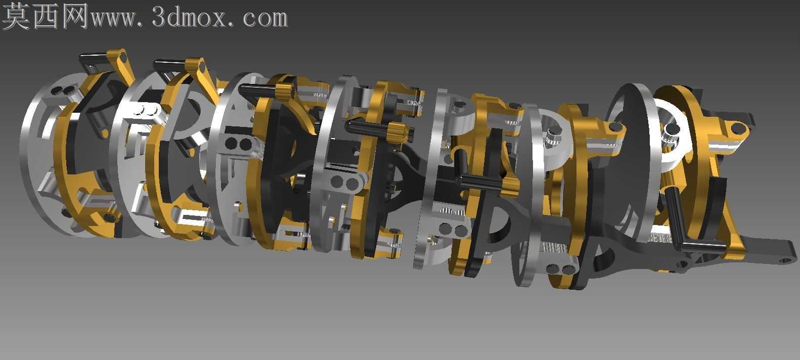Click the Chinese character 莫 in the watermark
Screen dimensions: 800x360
[x=17, y=16]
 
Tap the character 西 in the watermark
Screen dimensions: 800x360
[x=46, y=16]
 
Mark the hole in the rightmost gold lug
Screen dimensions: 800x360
[x=736, y=128]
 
